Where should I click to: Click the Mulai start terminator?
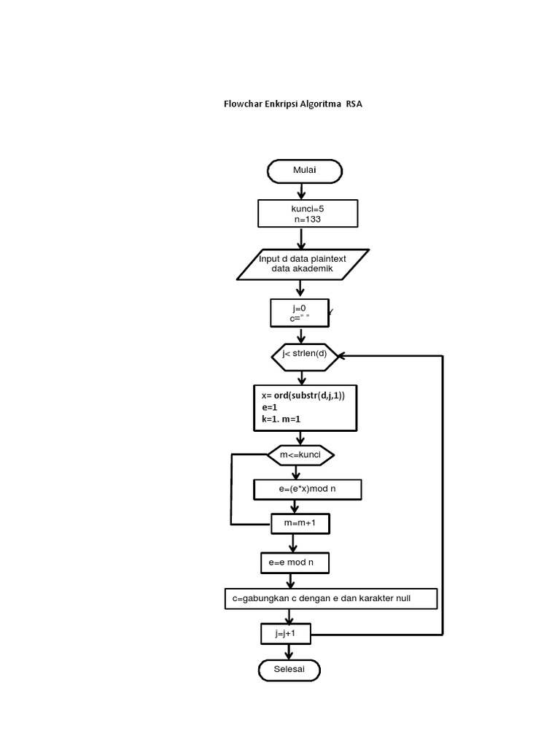(x=305, y=171)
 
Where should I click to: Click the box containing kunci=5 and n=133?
(x=307, y=214)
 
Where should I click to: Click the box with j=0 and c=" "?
(x=299, y=313)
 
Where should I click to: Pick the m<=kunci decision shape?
(x=300, y=455)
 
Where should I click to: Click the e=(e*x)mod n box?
(x=307, y=489)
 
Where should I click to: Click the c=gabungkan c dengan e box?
(x=330, y=599)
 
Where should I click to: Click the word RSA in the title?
(x=354, y=104)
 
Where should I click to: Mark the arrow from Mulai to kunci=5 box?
(x=302, y=191)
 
